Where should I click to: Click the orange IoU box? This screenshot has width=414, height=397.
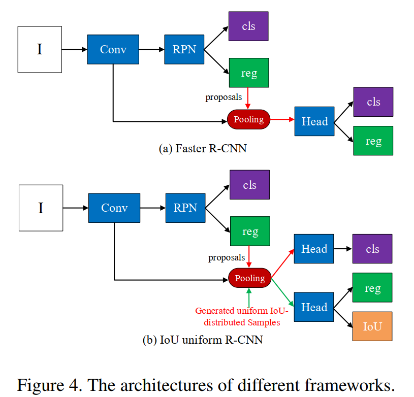(x=372, y=326)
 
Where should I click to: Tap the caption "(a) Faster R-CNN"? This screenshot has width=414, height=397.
(x=203, y=149)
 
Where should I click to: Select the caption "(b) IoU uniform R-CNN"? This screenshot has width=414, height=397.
(x=203, y=340)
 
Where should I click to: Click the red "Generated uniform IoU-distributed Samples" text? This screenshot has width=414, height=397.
(x=242, y=316)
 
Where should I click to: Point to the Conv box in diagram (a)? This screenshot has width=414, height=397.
(x=113, y=49)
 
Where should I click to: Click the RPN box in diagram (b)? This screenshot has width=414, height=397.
(x=185, y=208)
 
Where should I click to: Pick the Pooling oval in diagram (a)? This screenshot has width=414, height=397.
(x=249, y=119)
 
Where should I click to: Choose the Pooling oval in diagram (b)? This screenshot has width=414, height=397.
(x=250, y=278)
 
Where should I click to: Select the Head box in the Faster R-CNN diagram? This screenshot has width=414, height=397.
(x=314, y=121)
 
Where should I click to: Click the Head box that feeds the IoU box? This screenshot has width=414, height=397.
(x=314, y=307)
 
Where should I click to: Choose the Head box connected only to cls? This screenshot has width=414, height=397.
(x=314, y=249)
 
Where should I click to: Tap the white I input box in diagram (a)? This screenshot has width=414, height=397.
(x=40, y=49)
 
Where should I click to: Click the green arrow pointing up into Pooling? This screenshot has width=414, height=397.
(x=249, y=297)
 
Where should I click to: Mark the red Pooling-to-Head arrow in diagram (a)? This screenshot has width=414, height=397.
(x=282, y=120)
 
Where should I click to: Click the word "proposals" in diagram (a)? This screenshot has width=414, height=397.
(x=224, y=96)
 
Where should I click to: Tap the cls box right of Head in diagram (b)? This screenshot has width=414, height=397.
(x=372, y=249)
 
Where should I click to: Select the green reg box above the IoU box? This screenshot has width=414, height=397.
(x=372, y=288)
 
